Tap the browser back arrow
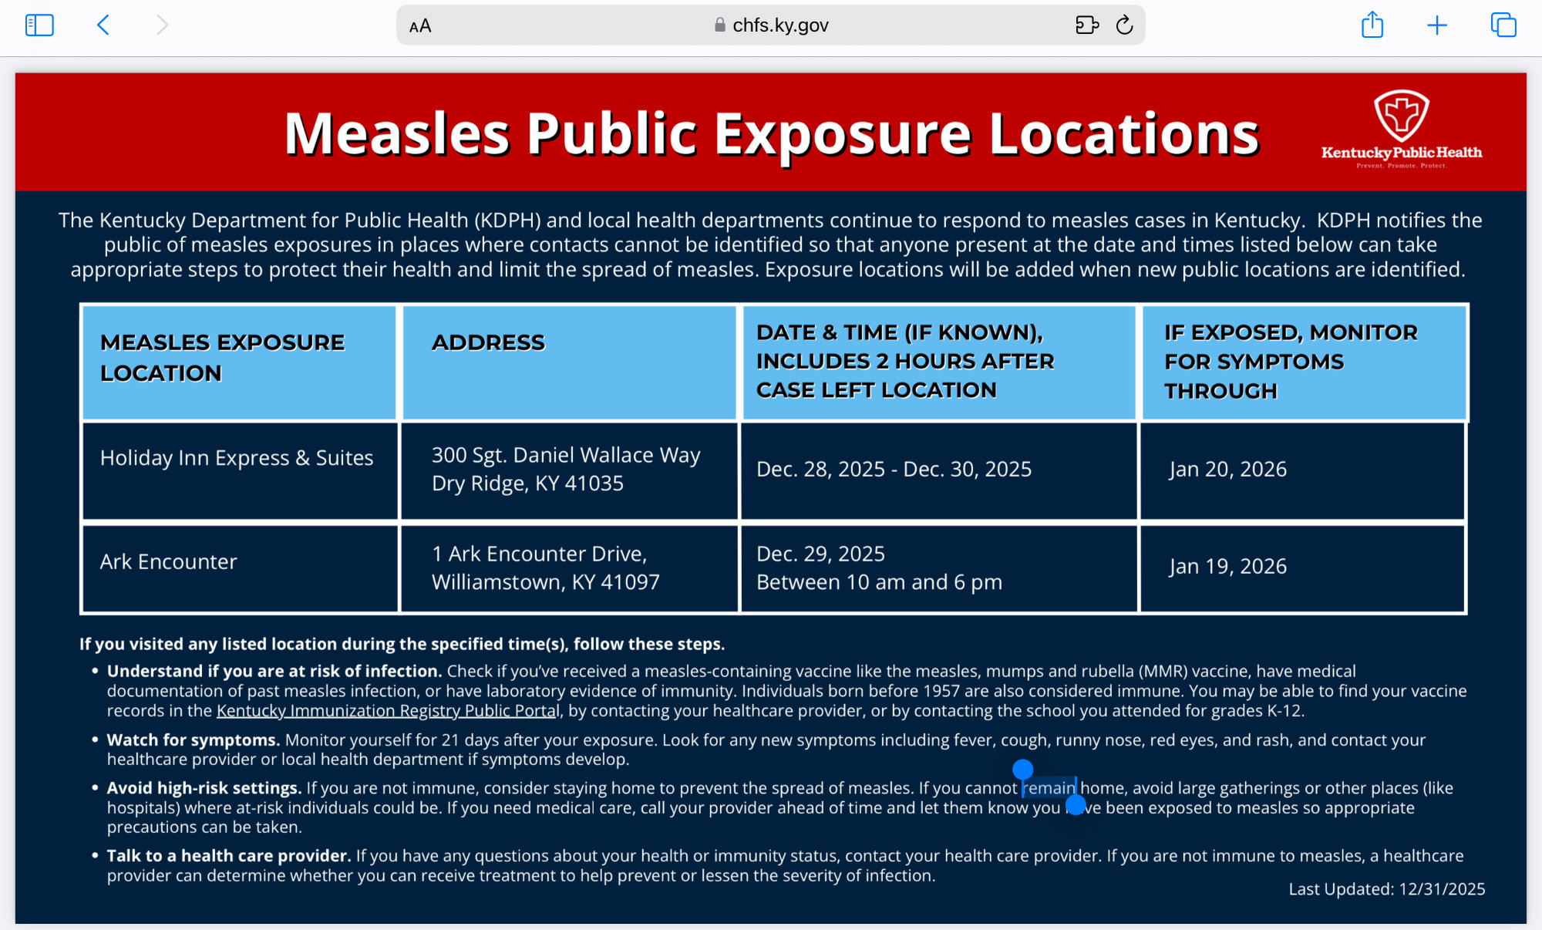[103, 25]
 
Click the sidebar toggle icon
[39, 25]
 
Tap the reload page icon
[1125, 25]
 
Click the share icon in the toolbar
[1372, 25]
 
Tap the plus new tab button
[1437, 25]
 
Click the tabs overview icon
[1503, 25]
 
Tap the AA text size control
[420, 26]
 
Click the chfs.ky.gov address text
[780, 25]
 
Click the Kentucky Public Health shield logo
[1402, 116]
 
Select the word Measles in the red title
[397, 134]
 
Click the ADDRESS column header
[488, 342]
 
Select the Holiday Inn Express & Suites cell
[237, 458]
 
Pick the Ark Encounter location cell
[168, 561]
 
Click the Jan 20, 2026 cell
[1227, 469]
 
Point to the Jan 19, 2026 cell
[1227, 566]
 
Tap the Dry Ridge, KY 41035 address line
[527, 484]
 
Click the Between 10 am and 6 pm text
[879, 582]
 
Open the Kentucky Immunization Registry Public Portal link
[387, 711]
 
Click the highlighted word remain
[1049, 788]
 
